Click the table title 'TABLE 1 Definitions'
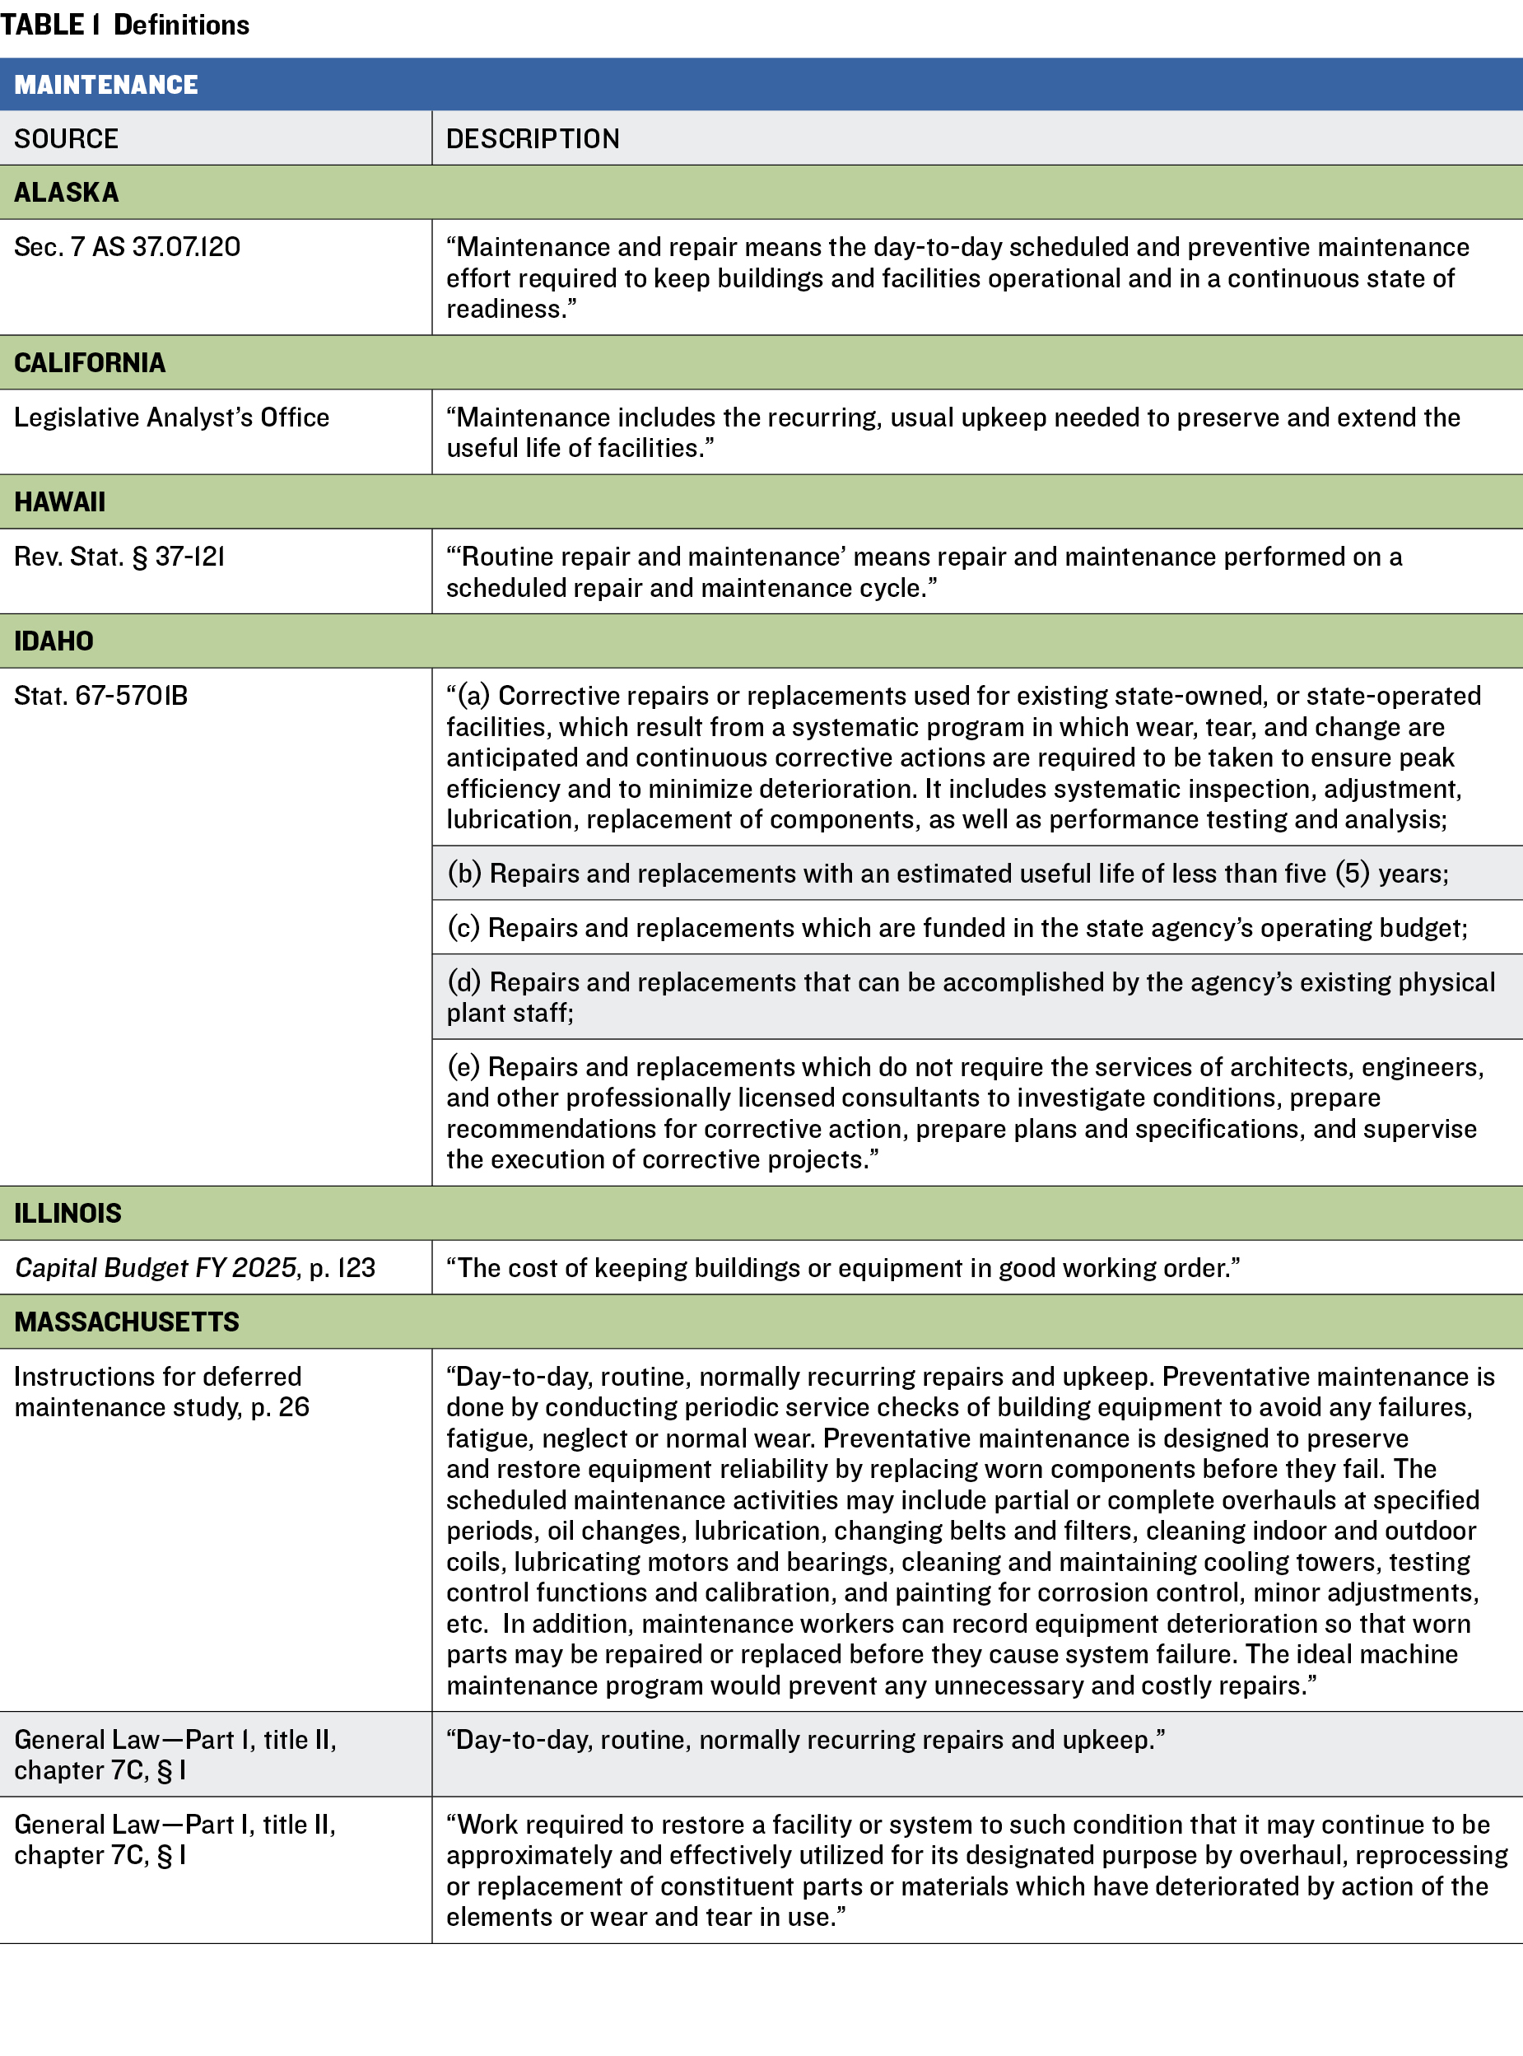124,25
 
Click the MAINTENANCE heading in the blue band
106,85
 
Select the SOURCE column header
67,139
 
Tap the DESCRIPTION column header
533,139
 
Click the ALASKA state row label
67,193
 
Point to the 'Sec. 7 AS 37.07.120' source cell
128,247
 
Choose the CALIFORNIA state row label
90,363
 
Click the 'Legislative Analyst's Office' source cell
171,417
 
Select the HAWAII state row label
60,502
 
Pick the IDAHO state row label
54,641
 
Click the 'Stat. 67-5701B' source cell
101,696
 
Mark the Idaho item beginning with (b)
948,874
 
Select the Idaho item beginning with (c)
957,929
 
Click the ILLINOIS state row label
68,1214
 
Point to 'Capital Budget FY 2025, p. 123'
194,1269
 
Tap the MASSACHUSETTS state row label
126,1323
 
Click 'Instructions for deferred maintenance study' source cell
161,1392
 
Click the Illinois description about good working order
843,1269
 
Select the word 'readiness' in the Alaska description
510,310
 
